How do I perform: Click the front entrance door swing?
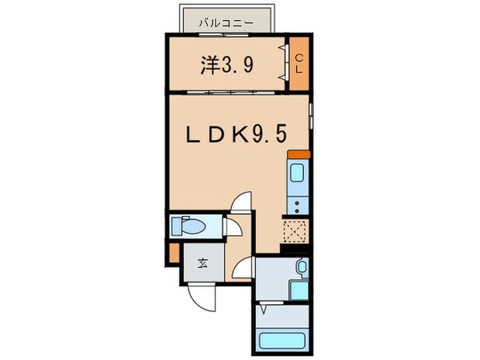203,298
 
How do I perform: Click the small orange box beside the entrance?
173,254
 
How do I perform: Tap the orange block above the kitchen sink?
297,154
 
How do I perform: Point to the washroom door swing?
246,270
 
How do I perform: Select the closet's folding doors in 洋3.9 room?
284,64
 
